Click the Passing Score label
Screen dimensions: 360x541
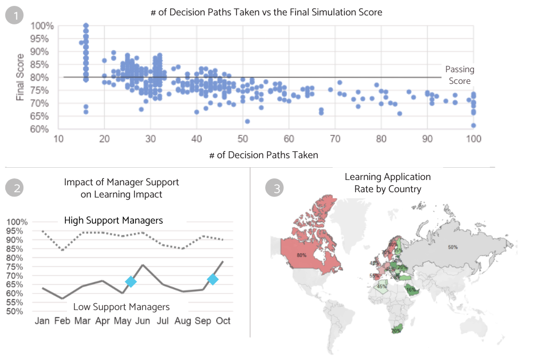[x=459, y=75]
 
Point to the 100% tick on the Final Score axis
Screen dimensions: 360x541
[x=41, y=26]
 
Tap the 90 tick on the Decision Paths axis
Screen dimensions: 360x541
[x=427, y=139]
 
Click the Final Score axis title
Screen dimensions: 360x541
[x=20, y=78]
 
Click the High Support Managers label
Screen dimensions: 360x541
[x=113, y=220]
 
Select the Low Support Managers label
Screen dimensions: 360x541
[x=121, y=306]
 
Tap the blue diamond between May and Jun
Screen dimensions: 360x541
[x=131, y=282]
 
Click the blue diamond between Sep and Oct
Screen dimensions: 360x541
[x=213, y=279]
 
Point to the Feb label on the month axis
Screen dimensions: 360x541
[x=63, y=321]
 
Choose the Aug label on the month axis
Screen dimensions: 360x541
[x=182, y=321]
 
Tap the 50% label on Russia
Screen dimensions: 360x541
[x=453, y=247]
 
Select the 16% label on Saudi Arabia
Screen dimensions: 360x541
[x=410, y=290]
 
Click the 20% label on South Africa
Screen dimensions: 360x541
[x=396, y=331]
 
